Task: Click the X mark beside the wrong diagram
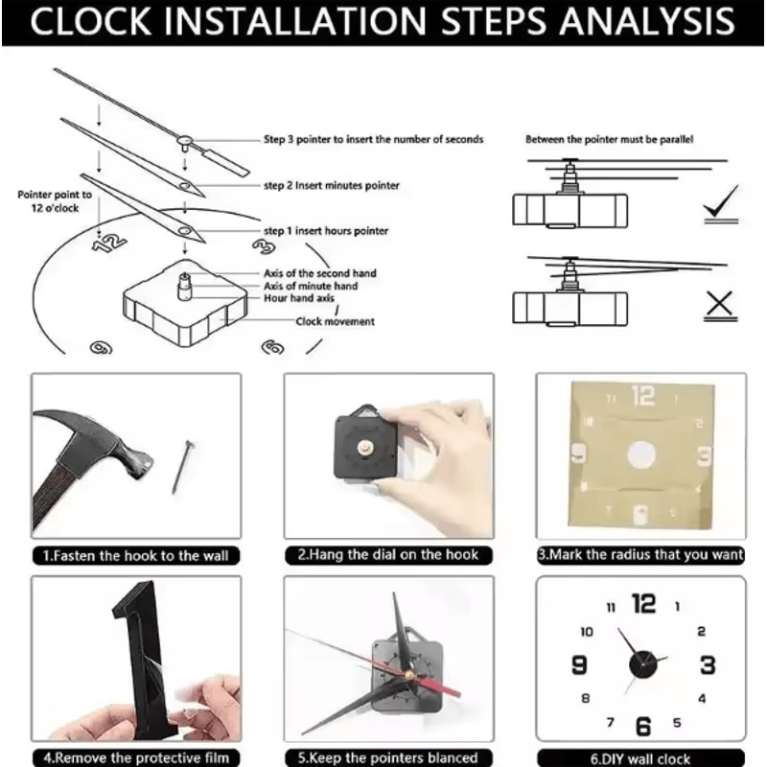pos(719,306)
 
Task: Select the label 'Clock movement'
pos(335,322)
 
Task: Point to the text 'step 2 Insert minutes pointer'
pos(332,186)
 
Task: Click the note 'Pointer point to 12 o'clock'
pos(55,200)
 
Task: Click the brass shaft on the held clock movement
pos(369,446)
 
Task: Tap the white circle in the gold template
pos(642,456)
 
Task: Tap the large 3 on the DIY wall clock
pos(708,664)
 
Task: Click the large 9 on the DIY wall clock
pos(579,664)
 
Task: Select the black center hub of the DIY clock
pos(642,663)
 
